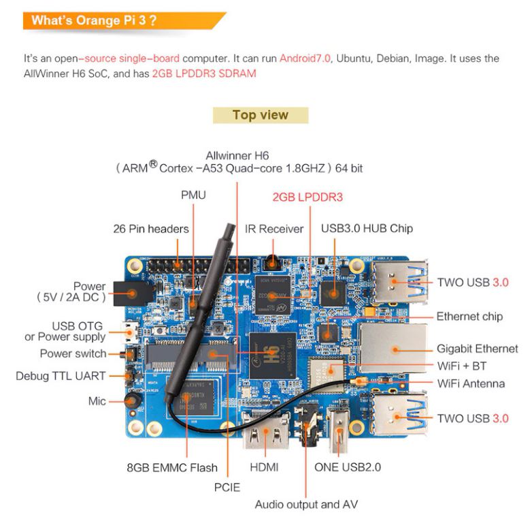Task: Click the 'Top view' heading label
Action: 261,115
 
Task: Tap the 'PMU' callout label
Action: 193,195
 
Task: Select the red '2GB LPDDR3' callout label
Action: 307,197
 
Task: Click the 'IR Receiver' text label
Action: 274,229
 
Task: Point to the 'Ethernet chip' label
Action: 469,317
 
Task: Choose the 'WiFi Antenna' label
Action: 471,384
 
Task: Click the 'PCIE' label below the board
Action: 227,488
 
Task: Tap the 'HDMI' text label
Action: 264,467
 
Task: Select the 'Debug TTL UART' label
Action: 61,376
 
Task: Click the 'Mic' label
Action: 97,401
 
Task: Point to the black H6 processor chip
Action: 272,356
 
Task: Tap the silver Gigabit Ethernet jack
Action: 394,349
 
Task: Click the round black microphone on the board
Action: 133,400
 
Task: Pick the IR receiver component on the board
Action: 271,262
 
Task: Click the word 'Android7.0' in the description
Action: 305,59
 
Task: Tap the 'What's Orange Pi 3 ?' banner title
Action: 94,20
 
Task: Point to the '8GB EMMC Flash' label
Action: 172,468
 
